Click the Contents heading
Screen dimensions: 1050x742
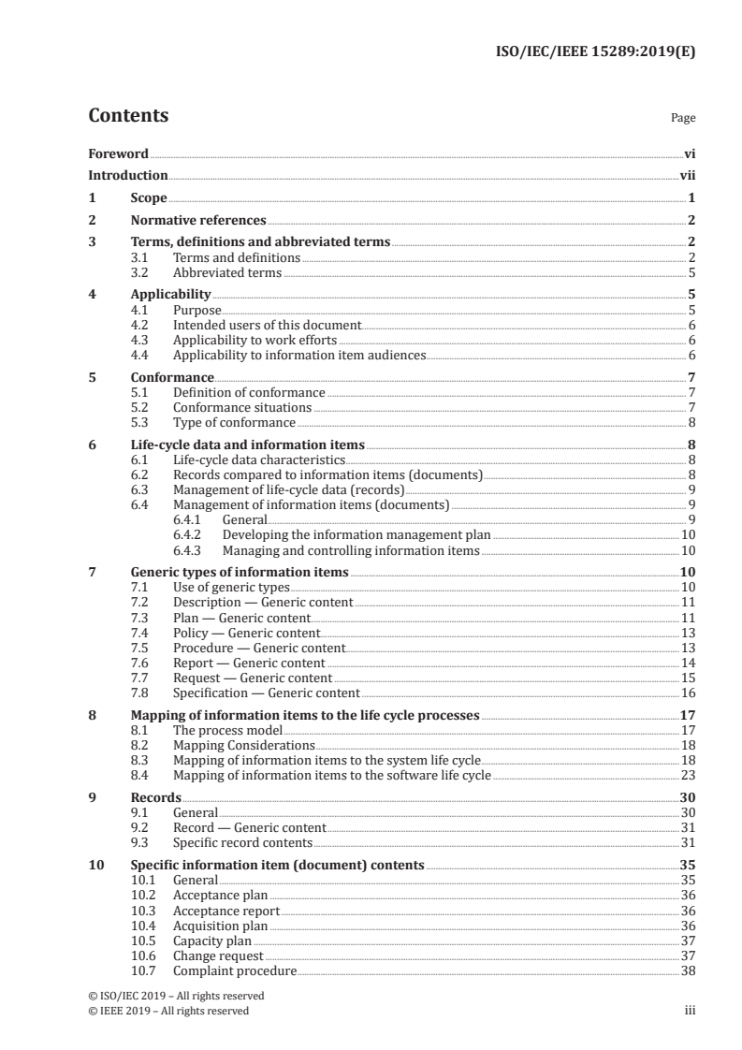click(128, 116)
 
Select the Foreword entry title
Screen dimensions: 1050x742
click(118, 153)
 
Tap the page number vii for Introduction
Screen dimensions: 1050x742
click(687, 175)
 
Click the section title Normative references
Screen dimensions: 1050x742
click(198, 221)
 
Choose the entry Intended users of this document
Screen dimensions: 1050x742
click(267, 325)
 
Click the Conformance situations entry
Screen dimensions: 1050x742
click(241, 408)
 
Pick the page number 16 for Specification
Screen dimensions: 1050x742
click(688, 693)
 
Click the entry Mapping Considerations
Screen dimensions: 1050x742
click(243, 745)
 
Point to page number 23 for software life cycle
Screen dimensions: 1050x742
click(688, 776)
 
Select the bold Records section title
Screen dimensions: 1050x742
click(155, 797)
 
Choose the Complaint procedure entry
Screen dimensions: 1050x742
click(235, 970)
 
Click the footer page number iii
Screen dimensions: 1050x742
click(690, 1011)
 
